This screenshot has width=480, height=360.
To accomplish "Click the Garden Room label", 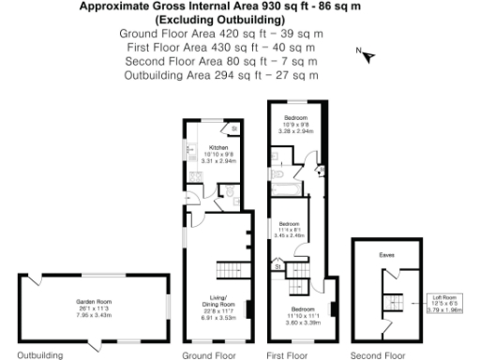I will point(93,301).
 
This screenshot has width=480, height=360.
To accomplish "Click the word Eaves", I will point(386,254).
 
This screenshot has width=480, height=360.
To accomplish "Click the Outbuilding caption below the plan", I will point(39,355).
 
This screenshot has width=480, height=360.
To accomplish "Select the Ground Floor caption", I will point(208,355).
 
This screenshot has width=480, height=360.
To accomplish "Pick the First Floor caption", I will point(287,355).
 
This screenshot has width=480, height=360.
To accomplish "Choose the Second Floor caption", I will point(377,355).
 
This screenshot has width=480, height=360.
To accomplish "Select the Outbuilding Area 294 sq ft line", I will point(221,74).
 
